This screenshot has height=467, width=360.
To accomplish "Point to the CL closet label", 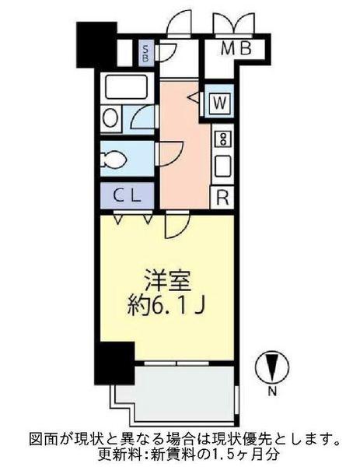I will [x=128, y=195].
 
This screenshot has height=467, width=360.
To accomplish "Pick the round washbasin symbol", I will [x=111, y=119].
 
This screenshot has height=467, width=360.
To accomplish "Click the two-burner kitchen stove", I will [x=222, y=140].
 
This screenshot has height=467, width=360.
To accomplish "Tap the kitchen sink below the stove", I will [x=222, y=166].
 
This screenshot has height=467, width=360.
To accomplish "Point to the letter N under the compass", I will [x=273, y=392].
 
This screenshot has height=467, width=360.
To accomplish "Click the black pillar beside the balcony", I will [x=115, y=361].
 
